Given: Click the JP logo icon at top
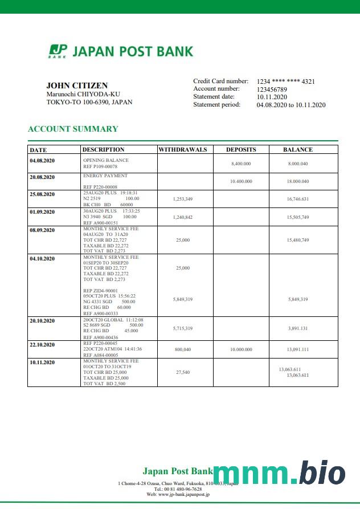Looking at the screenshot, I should pyautogui.click(x=58, y=51).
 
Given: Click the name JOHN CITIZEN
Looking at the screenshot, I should pyautogui.click(x=77, y=85).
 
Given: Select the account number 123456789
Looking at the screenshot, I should pyautogui.click(x=272, y=89).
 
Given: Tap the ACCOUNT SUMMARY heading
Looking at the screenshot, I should pyautogui.click(x=73, y=129).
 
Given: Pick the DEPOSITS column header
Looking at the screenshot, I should pyautogui.click(x=241, y=150).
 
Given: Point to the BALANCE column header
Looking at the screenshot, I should pyautogui.click(x=298, y=150).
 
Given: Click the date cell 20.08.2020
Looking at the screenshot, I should pyautogui.click(x=42, y=177).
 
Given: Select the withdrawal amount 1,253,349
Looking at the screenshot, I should pyautogui.click(x=182, y=199).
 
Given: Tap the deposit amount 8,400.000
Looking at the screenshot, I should pyautogui.click(x=241, y=164).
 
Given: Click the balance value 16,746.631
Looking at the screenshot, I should pyautogui.click(x=298, y=199).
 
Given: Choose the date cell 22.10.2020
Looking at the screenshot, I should pyautogui.click(x=42, y=345).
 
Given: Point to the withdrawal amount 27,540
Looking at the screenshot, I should pyautogui.click(x=182, y=372).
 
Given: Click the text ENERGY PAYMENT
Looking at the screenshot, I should pyautogui.click(x=105, y=176).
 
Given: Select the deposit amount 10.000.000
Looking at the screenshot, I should pyautogui.click(x=241, y=349).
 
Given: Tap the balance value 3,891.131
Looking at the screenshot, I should pyautogui.click(x=298, y=328).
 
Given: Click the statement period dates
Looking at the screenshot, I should pyautogui.click(x=291, y=105).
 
